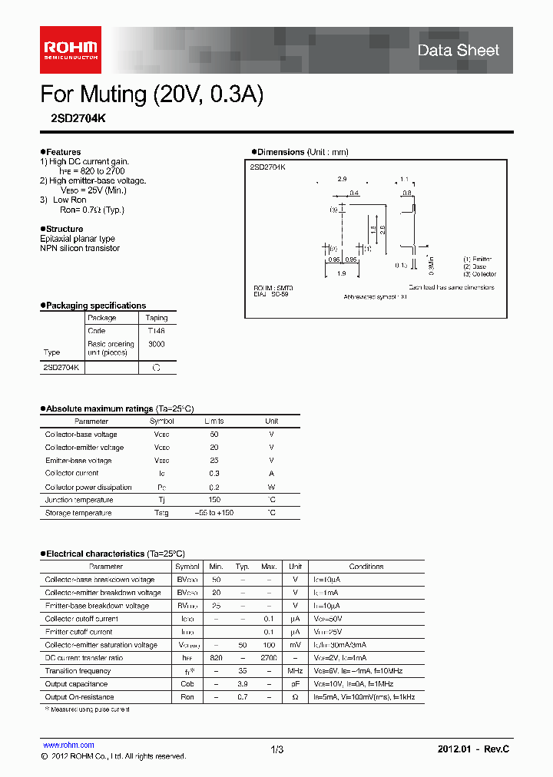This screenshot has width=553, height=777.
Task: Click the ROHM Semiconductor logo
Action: coord(70,49)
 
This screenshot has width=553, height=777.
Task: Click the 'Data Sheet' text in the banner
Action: coord(458,51)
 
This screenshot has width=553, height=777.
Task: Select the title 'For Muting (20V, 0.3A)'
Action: coord(151,94)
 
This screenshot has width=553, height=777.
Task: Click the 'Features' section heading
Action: coord(63,152)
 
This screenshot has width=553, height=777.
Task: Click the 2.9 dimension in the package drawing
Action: coord(342,178)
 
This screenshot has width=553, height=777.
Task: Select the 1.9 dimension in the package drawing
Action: coord(341,273)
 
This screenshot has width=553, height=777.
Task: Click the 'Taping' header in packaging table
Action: coord(156,318)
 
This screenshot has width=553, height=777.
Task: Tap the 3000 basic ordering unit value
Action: coord(156,345)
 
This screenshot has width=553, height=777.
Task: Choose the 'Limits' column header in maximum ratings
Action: coord(214,422)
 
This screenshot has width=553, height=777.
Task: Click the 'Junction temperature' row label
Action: coord(78,500)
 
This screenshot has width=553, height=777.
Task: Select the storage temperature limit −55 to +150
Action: coord(214,513)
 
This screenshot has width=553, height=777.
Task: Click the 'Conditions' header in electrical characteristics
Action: coord(366,567)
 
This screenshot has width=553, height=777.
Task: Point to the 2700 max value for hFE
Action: coord(269,658)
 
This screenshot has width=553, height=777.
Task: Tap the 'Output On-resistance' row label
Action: coord(79,697)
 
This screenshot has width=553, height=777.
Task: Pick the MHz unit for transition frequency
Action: coord(295,671)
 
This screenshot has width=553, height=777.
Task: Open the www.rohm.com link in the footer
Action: coord(68,745)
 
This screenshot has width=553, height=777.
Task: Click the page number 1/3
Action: coord(277,749)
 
